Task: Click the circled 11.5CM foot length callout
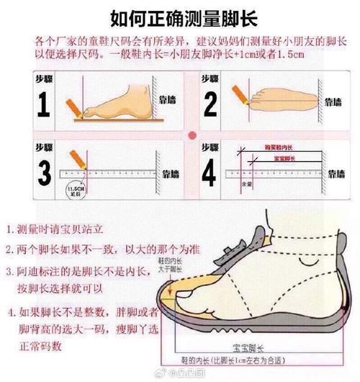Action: tap(74, 190)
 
